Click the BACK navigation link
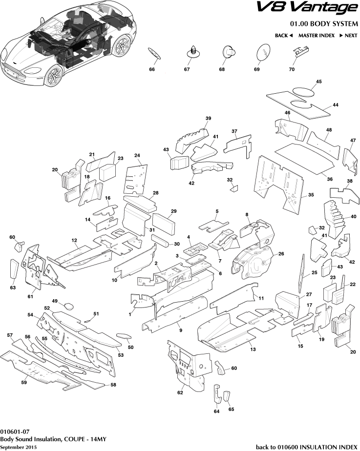(x=283, y=36)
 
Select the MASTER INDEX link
(x=316, y=36)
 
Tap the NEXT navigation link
(x=348, y=36)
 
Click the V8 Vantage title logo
(x=307, y=8)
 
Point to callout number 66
(x=152, y=70)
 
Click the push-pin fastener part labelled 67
(x=194, y=51)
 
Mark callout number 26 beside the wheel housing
(x=281, y=253)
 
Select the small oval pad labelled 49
(x=69, y=307)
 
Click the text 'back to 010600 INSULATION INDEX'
(x=306, y=447)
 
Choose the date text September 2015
(x=18, y=447)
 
